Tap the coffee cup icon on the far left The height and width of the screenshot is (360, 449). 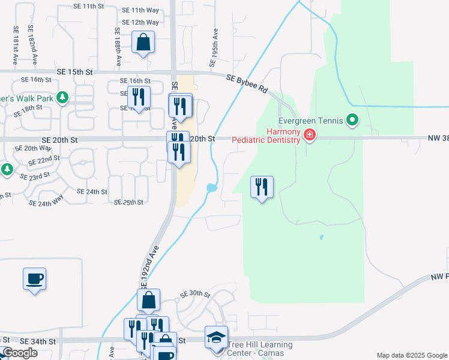tap(34, 279)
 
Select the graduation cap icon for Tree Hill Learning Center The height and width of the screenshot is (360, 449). tap(216, 338)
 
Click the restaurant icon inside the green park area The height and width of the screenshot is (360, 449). tap(261, 187)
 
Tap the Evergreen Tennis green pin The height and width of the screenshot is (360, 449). tap(353, 121)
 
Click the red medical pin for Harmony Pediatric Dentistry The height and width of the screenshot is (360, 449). tap(309, 134)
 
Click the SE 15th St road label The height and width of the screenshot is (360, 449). tap(76, 71)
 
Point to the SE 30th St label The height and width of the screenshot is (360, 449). tap(196, 295)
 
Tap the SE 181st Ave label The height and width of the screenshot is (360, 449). tap(14, 45)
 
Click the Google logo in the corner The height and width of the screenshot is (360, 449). tap(20, 353)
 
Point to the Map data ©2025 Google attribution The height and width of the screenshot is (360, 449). tap(412, 355)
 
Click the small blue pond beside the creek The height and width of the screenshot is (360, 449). tap(212, 188)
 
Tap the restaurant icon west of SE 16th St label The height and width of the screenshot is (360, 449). tap(139, 97)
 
